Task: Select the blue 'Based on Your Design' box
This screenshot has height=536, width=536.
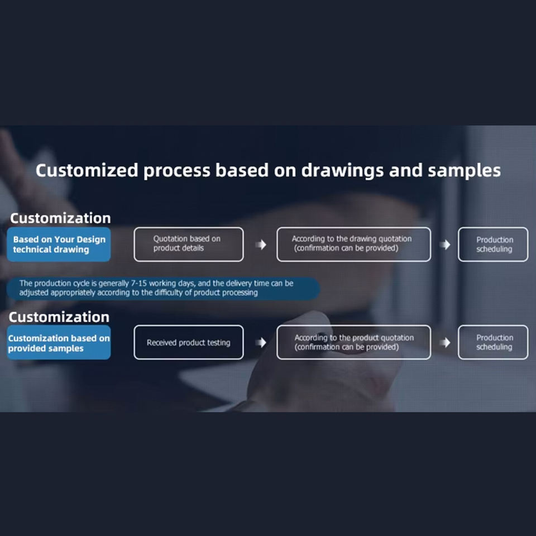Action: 59,245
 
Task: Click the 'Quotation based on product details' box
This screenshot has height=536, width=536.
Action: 189,245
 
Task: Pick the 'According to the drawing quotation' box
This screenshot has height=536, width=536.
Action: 353,245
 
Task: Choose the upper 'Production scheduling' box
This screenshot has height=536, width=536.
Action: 493,245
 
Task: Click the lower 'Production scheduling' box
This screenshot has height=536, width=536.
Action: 493,342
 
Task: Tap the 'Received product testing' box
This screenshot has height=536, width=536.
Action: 189,342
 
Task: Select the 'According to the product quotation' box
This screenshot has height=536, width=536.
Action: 353,342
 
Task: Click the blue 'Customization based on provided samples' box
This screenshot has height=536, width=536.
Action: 59,343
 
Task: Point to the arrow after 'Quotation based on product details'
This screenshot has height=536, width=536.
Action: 261,245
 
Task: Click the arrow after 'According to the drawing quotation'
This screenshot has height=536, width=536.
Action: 444,245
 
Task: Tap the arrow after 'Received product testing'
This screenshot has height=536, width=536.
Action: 261,342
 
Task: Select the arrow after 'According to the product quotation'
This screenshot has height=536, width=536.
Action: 444,342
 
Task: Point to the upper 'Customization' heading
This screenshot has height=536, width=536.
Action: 60,218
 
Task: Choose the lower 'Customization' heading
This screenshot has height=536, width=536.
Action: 59,317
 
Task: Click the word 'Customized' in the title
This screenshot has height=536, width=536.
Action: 86,171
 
